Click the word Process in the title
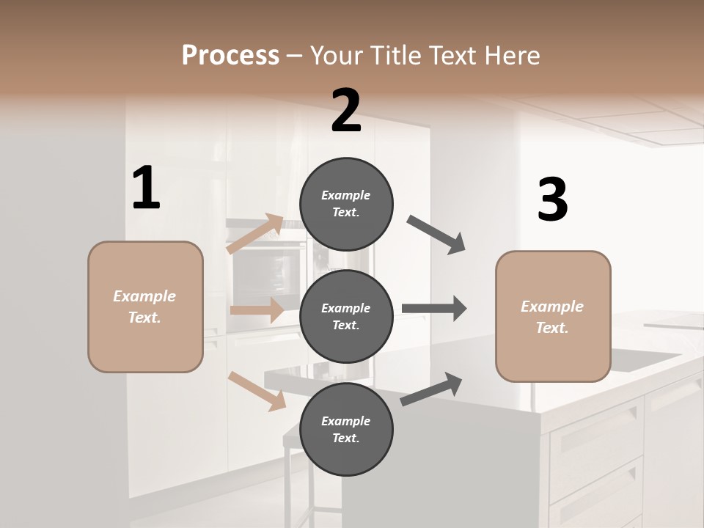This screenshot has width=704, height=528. point(230,55)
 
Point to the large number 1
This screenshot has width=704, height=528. point(146,188)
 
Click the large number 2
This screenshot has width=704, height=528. point(346,111)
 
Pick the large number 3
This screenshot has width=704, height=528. point(552,200)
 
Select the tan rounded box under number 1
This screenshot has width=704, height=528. point(145,307)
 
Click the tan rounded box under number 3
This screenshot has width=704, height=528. point(553,316)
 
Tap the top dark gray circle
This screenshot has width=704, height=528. point(346,204)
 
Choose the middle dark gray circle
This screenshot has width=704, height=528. point(346,316)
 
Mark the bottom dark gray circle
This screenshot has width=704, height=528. point(346,429)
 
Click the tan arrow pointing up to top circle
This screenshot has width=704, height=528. point(255,234)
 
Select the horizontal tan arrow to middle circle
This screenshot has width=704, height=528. point(257,310)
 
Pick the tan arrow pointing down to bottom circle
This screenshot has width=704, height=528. point(257,390)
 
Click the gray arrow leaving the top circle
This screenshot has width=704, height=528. point(436,234)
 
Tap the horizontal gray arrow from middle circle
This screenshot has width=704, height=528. point(434,308)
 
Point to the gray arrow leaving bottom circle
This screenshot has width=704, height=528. point(431,389)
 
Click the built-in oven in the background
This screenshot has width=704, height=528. point(268,268)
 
